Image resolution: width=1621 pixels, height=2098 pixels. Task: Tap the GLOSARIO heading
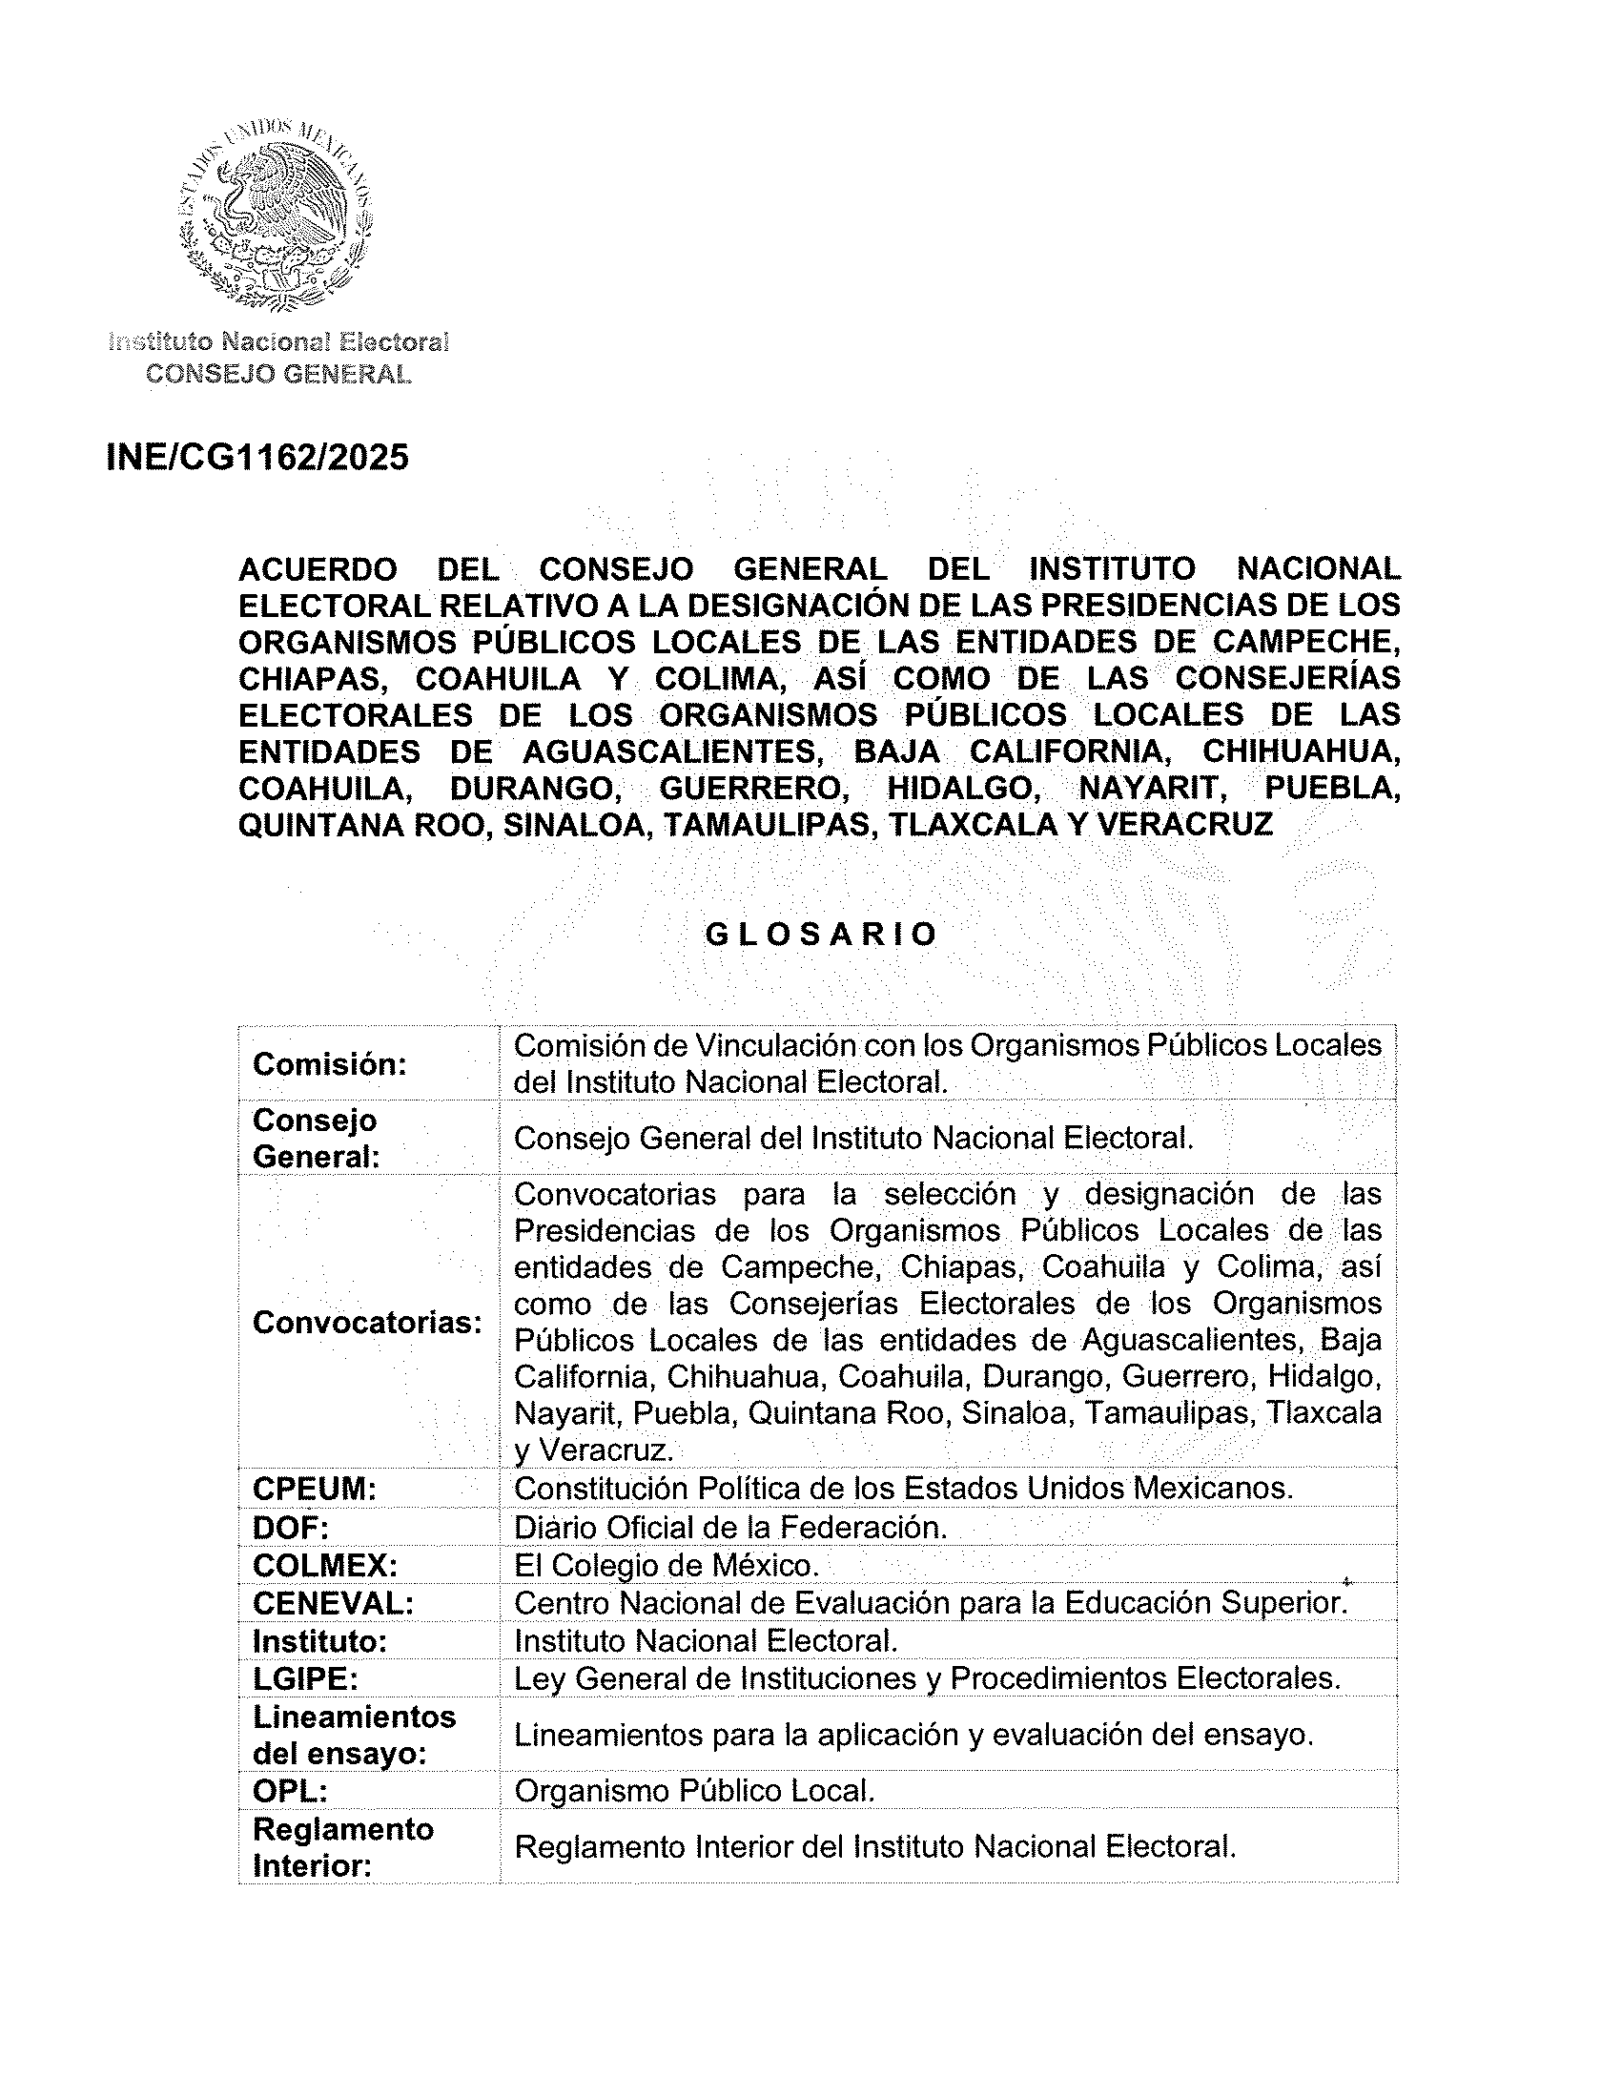820,935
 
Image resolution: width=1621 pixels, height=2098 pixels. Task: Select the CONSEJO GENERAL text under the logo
278,374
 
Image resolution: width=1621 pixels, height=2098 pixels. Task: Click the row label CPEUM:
314,1489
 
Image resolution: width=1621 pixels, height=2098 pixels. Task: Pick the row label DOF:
291,1528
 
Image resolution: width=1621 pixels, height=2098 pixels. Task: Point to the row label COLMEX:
324,1566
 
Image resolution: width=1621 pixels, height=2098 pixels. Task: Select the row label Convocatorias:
367,1323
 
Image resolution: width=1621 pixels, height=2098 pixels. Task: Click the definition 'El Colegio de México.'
667,1566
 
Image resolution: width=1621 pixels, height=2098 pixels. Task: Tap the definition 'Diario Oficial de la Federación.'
729,1528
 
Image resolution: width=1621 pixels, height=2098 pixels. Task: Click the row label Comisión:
329,1064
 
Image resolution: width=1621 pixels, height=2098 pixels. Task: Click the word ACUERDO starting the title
317,569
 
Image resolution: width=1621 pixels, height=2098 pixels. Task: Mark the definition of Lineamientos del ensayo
913,1735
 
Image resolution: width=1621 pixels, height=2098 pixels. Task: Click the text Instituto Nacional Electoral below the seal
278,342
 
